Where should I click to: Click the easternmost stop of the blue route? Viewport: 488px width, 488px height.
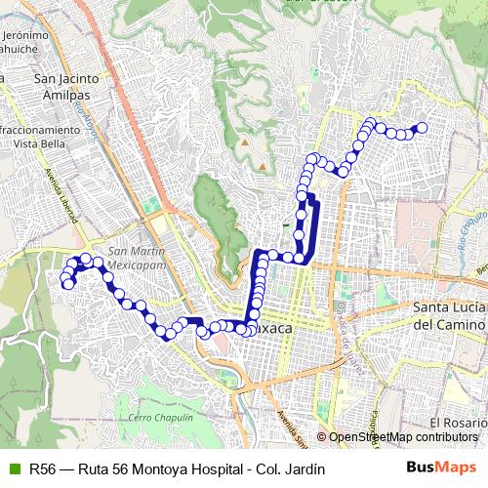[x=423, y=127]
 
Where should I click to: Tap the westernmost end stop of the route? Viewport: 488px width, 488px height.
[x=66, y=284]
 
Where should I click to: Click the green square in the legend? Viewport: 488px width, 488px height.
[x=13, y=468]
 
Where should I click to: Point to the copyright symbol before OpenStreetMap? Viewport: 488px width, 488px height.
[x=321, y=437]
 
